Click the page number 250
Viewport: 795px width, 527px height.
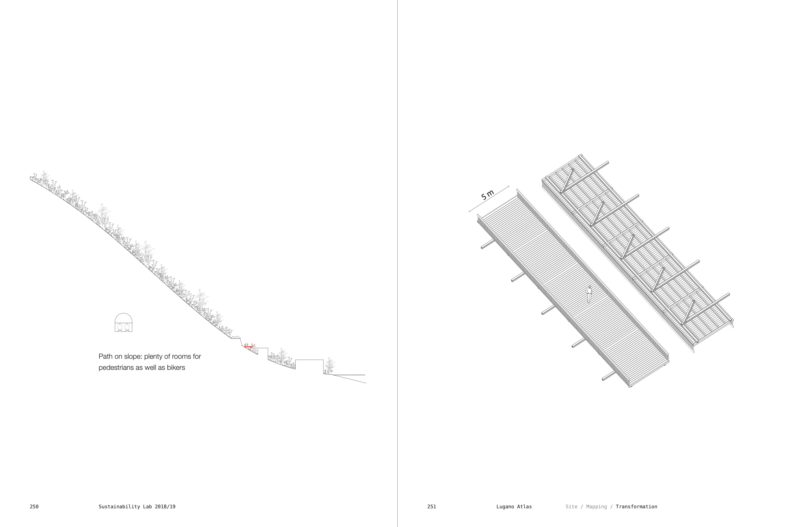pos(34,507)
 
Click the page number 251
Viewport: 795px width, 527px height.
pos(432,507)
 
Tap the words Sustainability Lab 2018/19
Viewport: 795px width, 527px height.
pos(137,507)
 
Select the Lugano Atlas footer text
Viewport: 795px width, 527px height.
pos(514,507)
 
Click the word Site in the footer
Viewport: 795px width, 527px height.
pos(571,507)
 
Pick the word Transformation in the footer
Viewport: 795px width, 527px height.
pos(636,507)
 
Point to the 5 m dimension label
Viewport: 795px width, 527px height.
pos(487,195)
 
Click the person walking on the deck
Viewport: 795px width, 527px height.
pos(589,294)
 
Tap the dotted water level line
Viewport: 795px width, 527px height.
pos(349,375)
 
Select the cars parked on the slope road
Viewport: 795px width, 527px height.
pos(235,337)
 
